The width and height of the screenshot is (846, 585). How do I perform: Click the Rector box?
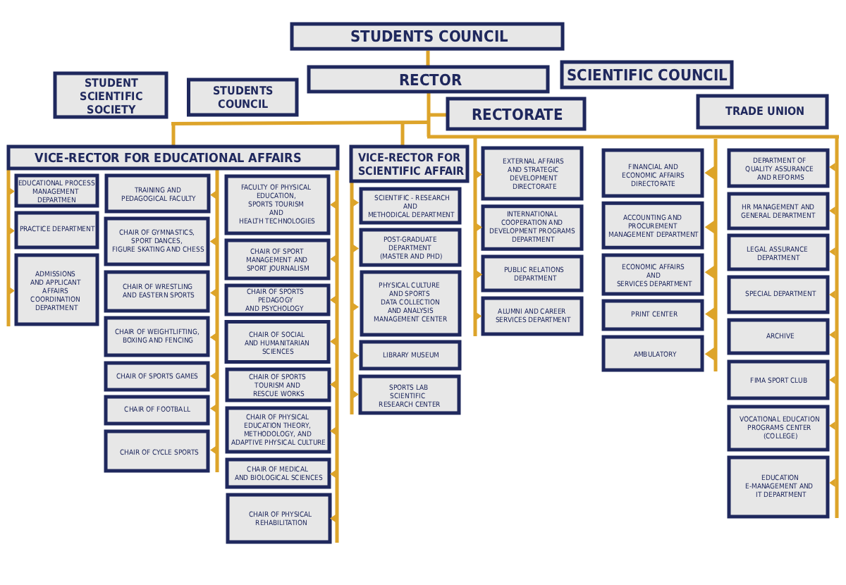tap(429, 80)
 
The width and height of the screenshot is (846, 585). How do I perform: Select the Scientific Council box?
tap(646, 75)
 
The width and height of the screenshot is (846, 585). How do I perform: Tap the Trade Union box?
tap(763, 111)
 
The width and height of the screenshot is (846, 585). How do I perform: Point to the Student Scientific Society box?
tap(111, 95)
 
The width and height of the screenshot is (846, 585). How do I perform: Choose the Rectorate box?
tap(516, 114)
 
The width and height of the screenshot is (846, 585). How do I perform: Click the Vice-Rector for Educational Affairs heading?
tap(173, 157)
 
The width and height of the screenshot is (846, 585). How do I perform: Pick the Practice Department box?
tap(56, 230)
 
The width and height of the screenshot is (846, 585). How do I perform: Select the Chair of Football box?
tap(157, 409)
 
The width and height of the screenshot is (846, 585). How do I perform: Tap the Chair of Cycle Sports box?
tap(157, 452)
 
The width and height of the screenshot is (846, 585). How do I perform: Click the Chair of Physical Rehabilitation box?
tap(279, 519)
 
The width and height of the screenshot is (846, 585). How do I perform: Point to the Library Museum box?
tap(410, 355)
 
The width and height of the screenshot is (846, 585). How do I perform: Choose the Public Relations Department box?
tap(533, 273)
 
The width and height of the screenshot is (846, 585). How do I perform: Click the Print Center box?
tap(654, 314)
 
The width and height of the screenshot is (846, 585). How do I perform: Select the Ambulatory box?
tap(654, 354)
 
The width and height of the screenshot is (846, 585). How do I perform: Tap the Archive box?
tap(779, 336)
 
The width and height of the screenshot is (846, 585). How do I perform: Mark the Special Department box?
tap(779, 294)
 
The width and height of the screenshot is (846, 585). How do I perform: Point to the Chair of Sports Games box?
tap(157, 376)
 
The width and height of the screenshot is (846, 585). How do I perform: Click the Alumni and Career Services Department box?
tap(532, 316)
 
